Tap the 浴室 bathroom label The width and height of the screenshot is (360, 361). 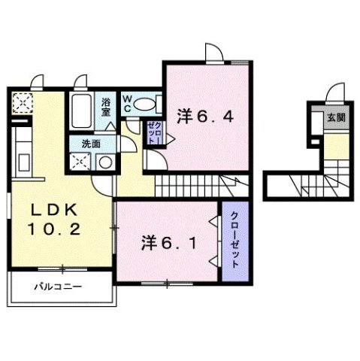click(x=106, y=105)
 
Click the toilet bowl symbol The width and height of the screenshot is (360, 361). click(x=148, y=104)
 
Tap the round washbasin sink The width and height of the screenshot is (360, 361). click(x=106, y=162)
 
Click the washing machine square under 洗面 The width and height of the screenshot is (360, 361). click(x=80, y=162)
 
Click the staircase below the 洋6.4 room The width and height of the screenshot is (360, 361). click(x=200, y=185)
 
